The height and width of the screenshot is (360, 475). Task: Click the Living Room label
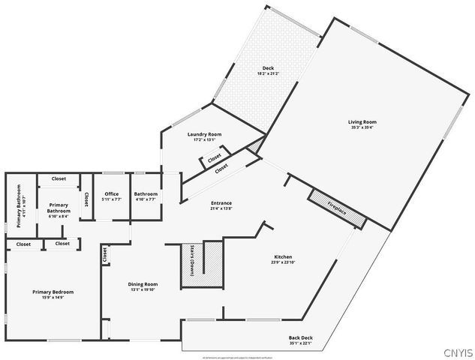click(362, 121)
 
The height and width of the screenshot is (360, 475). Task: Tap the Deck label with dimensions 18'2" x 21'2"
click(268, 68)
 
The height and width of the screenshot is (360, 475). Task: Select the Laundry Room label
click(204, 134)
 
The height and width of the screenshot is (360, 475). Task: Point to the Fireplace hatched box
click(338, 206)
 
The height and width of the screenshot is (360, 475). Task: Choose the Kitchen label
click(282, 256)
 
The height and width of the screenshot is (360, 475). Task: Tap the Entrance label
click(221, 203)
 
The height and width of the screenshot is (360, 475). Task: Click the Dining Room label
click(143, 284)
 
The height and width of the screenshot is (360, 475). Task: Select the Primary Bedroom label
click(53, 292)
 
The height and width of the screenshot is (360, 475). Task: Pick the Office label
click(112, 194)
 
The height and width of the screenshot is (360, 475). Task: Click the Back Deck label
click(301, 338)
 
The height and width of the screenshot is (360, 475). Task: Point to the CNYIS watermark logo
click(458, 352)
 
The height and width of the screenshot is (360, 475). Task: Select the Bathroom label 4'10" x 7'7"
click(146, 194)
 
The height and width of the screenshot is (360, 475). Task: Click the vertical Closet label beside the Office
click(86, 199)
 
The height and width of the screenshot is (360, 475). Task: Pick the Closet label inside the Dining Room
click(104, 256)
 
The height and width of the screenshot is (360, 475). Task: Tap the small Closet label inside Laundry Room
click(215, 159)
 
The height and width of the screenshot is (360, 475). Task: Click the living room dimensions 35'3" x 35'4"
click(362, 127)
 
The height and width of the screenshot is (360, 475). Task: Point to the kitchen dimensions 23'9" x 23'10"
click(282, 262)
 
